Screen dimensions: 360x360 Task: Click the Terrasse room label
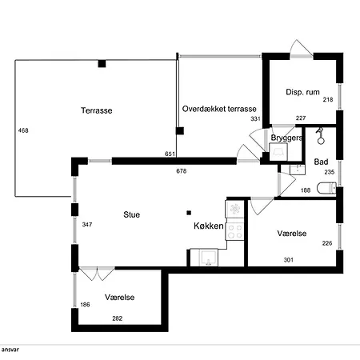[97, 110]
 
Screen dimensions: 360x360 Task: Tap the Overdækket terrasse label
[219, 109]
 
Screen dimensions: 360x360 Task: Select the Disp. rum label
[302, 92]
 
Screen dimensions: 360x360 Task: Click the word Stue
[132, 214]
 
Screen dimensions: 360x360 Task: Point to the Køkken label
[209, 226]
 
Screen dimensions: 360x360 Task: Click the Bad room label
[321, 162]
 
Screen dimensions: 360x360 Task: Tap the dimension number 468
[23, 130]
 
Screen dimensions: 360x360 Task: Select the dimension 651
[170, 154]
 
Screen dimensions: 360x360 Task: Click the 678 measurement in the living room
[182, 171]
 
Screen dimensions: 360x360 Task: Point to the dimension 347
[87, 225]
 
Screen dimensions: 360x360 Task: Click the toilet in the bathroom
[326, 188]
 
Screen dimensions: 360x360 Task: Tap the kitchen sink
[208, 258]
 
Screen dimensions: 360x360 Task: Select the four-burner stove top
[235, 231]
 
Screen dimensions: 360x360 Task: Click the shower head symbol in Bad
[320, 136]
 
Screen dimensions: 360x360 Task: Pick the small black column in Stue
[189, 213]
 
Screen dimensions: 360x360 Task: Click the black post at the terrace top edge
[102, 64]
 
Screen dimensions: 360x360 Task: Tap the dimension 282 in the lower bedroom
[118, 318]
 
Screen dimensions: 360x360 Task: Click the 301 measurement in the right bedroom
[289, 260]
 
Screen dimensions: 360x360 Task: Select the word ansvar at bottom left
[10, 350]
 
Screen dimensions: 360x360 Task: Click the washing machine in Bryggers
[278, 152]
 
